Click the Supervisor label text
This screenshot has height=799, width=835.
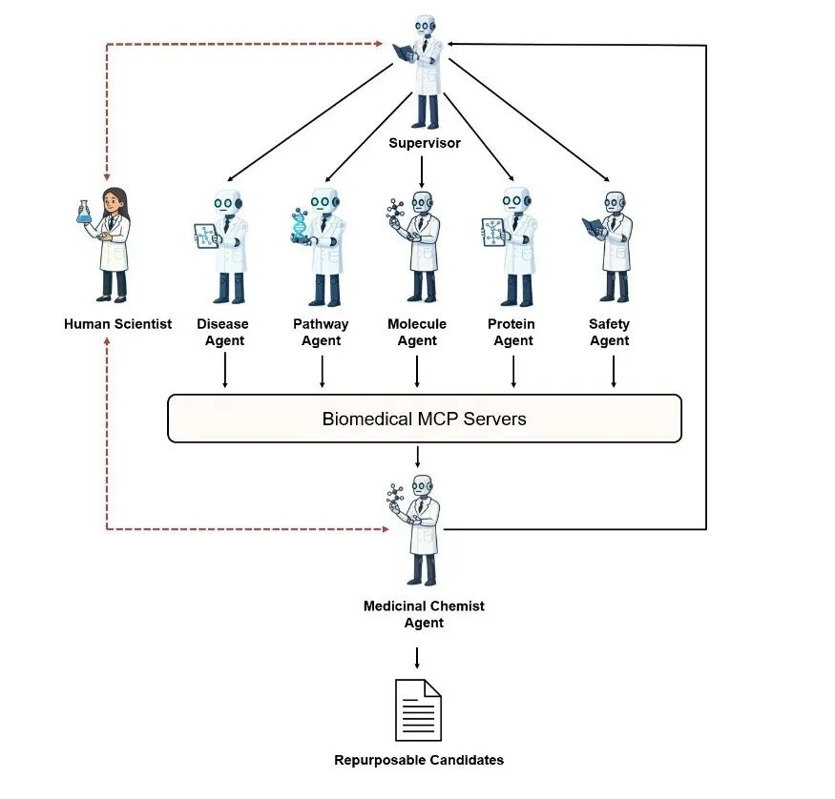pyautogui.click(x=424, y=143)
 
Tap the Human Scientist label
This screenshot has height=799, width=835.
pyautogui.click(x=117, y=324)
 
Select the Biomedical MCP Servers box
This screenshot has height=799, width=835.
pyautogui.click(x=424, y=419)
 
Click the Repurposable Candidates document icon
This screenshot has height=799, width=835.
pyautogui.click(x=418, y=709)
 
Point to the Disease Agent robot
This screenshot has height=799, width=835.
pyautogui.click(x=225, y=246)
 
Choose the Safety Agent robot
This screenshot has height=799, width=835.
pyautogui.click(x=613, y=246)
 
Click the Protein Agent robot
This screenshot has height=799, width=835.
pyautogui.click(x=512, y=246)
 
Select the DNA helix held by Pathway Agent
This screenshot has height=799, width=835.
pyautogui.click(x=301, y=227)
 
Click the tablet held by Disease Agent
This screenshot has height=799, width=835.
pyautogui.click(x=206, y=236)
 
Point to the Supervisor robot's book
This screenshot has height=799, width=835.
pyautogui.click(x=404, y=51)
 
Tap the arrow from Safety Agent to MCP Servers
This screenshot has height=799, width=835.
pyautogui.click(x=613, y=371)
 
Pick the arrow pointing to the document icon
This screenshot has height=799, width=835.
pyautogui.click(x=417, y=657)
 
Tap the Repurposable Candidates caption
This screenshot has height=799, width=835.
pyautogui.click(x=418, y=760)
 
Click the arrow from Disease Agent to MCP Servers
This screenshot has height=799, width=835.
pyautogui.click(x=225, y=371)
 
